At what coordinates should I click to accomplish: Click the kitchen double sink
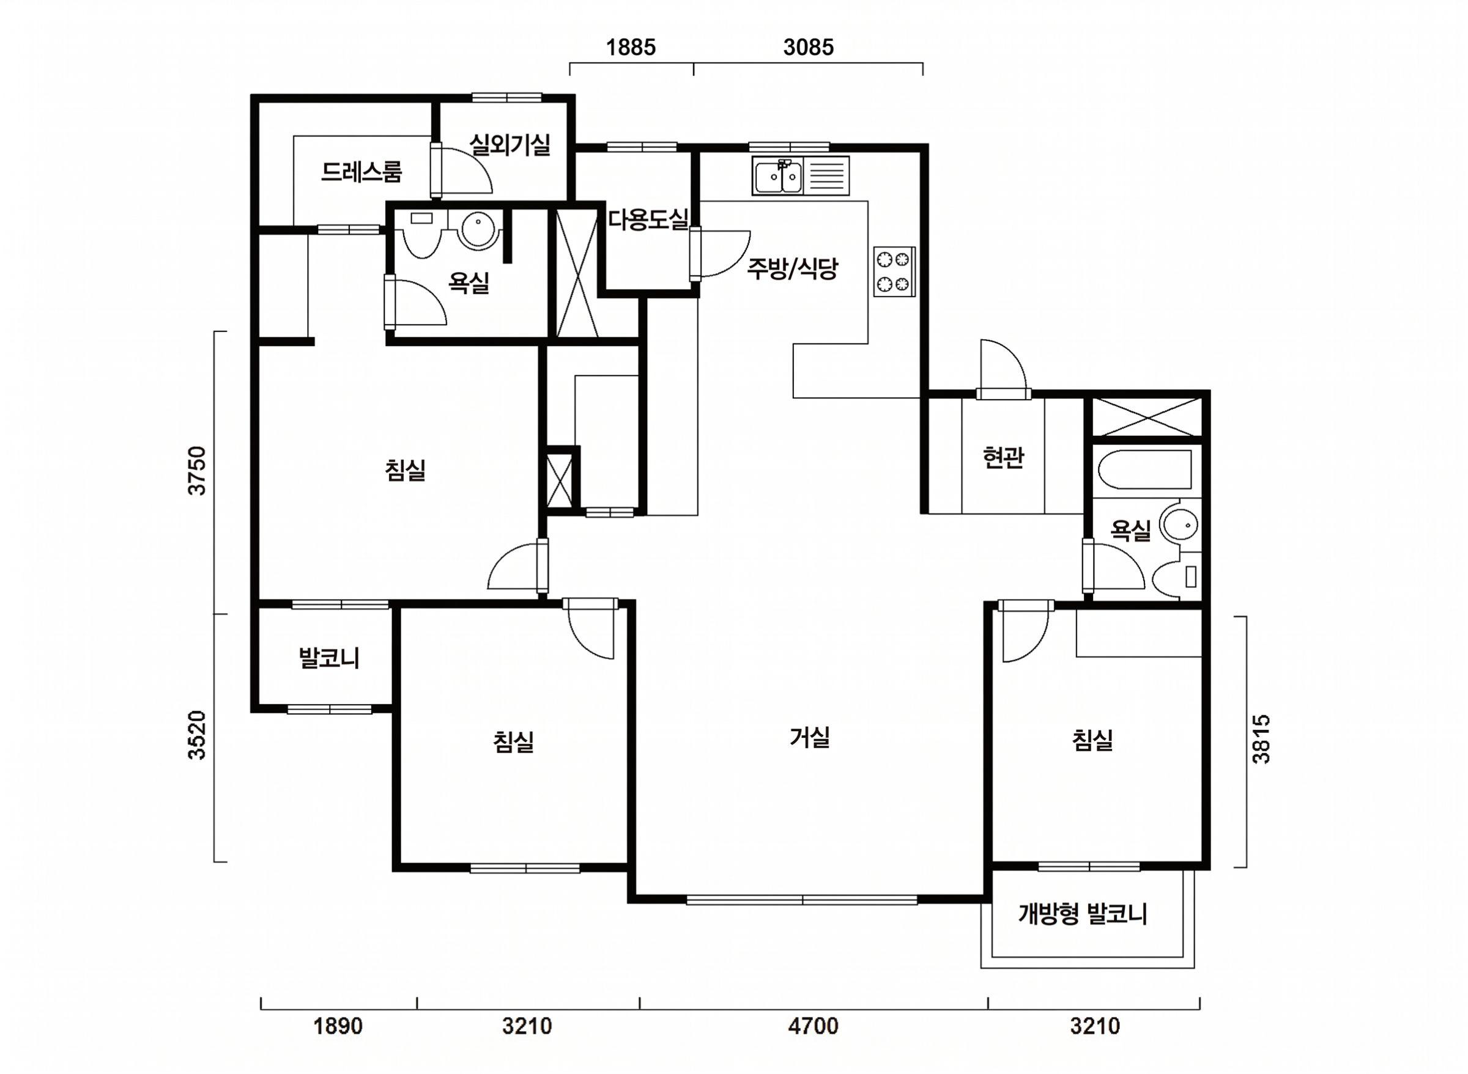point(777,175)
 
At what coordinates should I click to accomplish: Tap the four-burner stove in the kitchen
point(894,272)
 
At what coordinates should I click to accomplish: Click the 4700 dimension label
point(812,1026)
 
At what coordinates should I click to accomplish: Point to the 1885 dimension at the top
point(631,48)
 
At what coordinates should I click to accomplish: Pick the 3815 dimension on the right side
point(1261,739)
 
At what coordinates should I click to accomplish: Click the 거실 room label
point(810,737)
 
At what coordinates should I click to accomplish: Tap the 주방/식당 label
point(791,268)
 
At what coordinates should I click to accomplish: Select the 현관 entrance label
point(1003,458)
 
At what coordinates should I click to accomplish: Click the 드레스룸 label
point(361,171)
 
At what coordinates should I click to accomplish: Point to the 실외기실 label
point(511,144)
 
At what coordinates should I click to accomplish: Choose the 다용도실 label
point(648,219)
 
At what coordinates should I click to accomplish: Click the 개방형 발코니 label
point(1082,914)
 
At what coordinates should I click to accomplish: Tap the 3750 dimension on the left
point(196,471)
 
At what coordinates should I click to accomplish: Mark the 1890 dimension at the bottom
point(338,1026)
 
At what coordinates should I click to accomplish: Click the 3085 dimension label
point(809,48)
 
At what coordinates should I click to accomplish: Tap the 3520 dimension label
point(196,735)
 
